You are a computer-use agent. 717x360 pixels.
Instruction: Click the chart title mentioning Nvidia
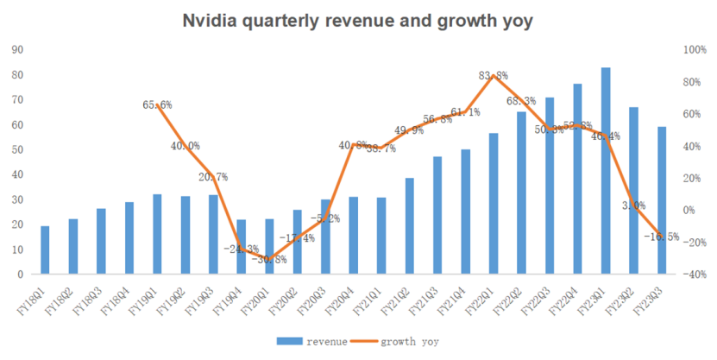358,21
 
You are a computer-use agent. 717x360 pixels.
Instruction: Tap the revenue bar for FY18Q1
45,250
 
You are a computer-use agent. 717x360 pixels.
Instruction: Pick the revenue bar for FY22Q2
522,193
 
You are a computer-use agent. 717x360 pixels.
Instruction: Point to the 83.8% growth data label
494,76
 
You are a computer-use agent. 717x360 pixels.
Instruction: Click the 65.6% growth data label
157,105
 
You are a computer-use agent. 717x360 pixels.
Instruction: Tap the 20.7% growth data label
212,177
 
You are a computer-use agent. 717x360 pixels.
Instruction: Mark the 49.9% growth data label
409,131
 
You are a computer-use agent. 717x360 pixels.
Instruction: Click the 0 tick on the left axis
19,275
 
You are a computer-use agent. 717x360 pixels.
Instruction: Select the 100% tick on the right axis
695,50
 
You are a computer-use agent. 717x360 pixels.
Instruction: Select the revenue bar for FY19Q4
241,247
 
